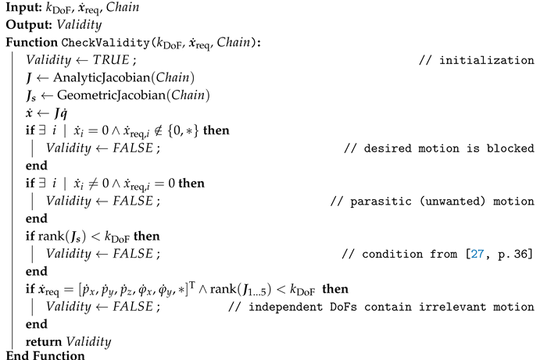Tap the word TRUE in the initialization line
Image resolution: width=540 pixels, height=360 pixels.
pos(110,60)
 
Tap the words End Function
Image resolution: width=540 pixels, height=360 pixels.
pos(45,355)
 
